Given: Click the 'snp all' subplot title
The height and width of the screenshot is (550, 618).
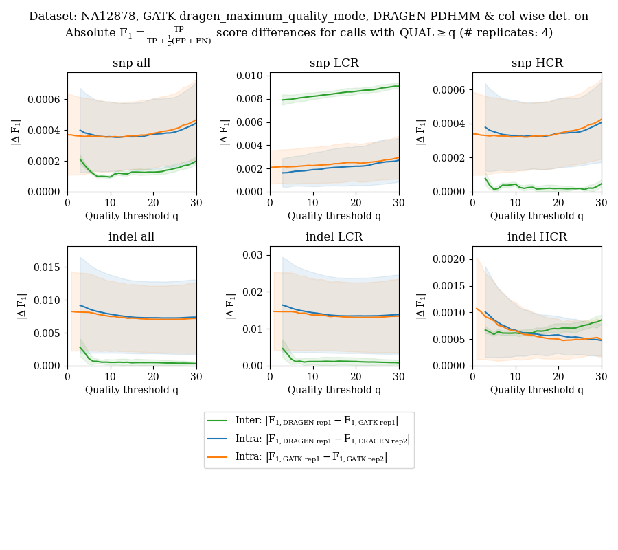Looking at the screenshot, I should (131, 63).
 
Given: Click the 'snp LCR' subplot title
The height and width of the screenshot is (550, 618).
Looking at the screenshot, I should (334, 63).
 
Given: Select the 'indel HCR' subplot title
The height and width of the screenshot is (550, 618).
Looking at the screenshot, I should (536, 237).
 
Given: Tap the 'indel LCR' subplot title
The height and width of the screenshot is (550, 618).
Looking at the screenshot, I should (334, 237).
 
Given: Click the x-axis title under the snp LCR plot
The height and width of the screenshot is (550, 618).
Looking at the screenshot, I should (334, 216).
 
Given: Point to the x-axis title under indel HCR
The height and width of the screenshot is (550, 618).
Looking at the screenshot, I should (536, 390).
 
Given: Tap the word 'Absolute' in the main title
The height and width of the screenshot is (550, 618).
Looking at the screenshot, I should (91, 33).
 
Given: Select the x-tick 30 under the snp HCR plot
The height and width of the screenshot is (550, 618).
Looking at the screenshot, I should (601, 203).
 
